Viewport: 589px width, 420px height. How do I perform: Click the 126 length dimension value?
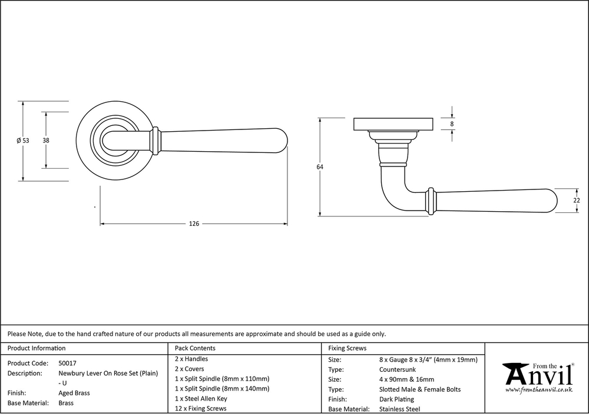[194, 224]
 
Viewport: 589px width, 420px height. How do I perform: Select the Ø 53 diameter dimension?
[22, 141]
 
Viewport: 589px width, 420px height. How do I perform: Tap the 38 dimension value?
[46, 141]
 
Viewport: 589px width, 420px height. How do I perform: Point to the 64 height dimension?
[320, 167]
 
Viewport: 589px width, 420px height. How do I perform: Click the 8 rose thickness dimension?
[452, 124]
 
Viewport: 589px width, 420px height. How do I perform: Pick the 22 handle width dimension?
[577, 201]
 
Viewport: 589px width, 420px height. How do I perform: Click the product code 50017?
[67, 363]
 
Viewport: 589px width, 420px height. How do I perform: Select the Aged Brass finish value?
[74, 393]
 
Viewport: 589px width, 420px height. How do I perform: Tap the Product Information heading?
[37, 348]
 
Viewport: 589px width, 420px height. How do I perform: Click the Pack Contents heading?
[195, 348]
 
